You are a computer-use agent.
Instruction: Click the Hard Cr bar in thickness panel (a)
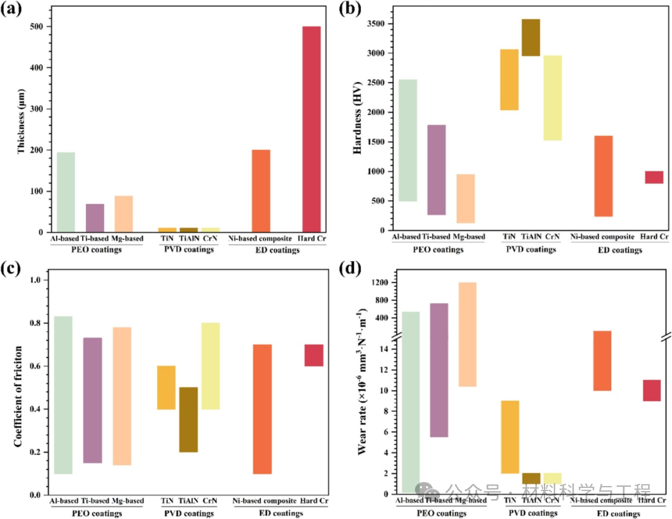[311, 129]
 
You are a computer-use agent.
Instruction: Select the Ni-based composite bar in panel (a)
[261, 191]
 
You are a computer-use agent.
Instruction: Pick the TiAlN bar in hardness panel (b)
[531, 38]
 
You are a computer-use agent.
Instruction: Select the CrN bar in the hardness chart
[552, 98]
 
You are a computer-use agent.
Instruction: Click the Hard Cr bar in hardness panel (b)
[654, 177]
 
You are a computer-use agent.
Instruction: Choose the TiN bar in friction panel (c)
[166, 387]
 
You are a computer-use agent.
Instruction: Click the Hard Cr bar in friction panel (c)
[314, 355]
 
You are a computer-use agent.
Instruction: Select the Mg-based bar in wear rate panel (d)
[467, 334]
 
